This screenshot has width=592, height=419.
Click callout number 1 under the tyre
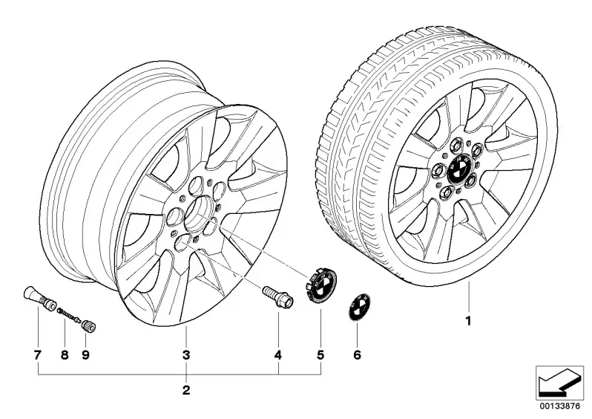tap(468, 322)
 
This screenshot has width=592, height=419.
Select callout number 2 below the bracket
tap(186, 390)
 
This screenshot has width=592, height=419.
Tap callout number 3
tap(186, 355)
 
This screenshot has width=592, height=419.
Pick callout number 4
tap(278, 355)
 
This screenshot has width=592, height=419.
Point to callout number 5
tap(320, 355)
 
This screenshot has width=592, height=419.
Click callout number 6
tap(357, 355)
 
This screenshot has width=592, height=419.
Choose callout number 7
tap(37, 355)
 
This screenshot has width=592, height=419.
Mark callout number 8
tap(65, 355)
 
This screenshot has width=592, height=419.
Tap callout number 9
tap(85, 355)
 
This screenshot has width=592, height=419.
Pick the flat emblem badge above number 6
tap(357, 307)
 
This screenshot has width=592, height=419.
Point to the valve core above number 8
tap(69, 315)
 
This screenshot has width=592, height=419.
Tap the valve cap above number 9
tap(90, 326)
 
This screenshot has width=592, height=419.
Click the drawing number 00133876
tap(559, 406)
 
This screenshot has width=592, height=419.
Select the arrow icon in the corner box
tap(559, 383)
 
